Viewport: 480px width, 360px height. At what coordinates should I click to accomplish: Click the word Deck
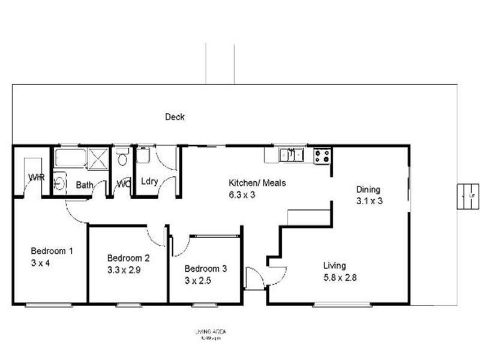[175, 117]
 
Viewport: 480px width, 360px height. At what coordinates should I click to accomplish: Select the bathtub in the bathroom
[71, 158]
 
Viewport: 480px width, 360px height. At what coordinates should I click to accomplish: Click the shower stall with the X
[98, 158]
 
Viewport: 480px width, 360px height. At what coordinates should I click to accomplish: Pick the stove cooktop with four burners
[322, 156]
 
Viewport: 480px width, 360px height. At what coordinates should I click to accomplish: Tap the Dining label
[368, 190]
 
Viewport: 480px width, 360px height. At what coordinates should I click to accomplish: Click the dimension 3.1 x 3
[369, 201]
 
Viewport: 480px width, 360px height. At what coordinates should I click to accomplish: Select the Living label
[334, 266]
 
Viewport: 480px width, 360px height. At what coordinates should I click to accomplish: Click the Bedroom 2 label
[128, 259]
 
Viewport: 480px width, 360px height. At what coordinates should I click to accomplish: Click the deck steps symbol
[467, 196]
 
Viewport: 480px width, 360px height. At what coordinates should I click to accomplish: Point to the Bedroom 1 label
[52, 251]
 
